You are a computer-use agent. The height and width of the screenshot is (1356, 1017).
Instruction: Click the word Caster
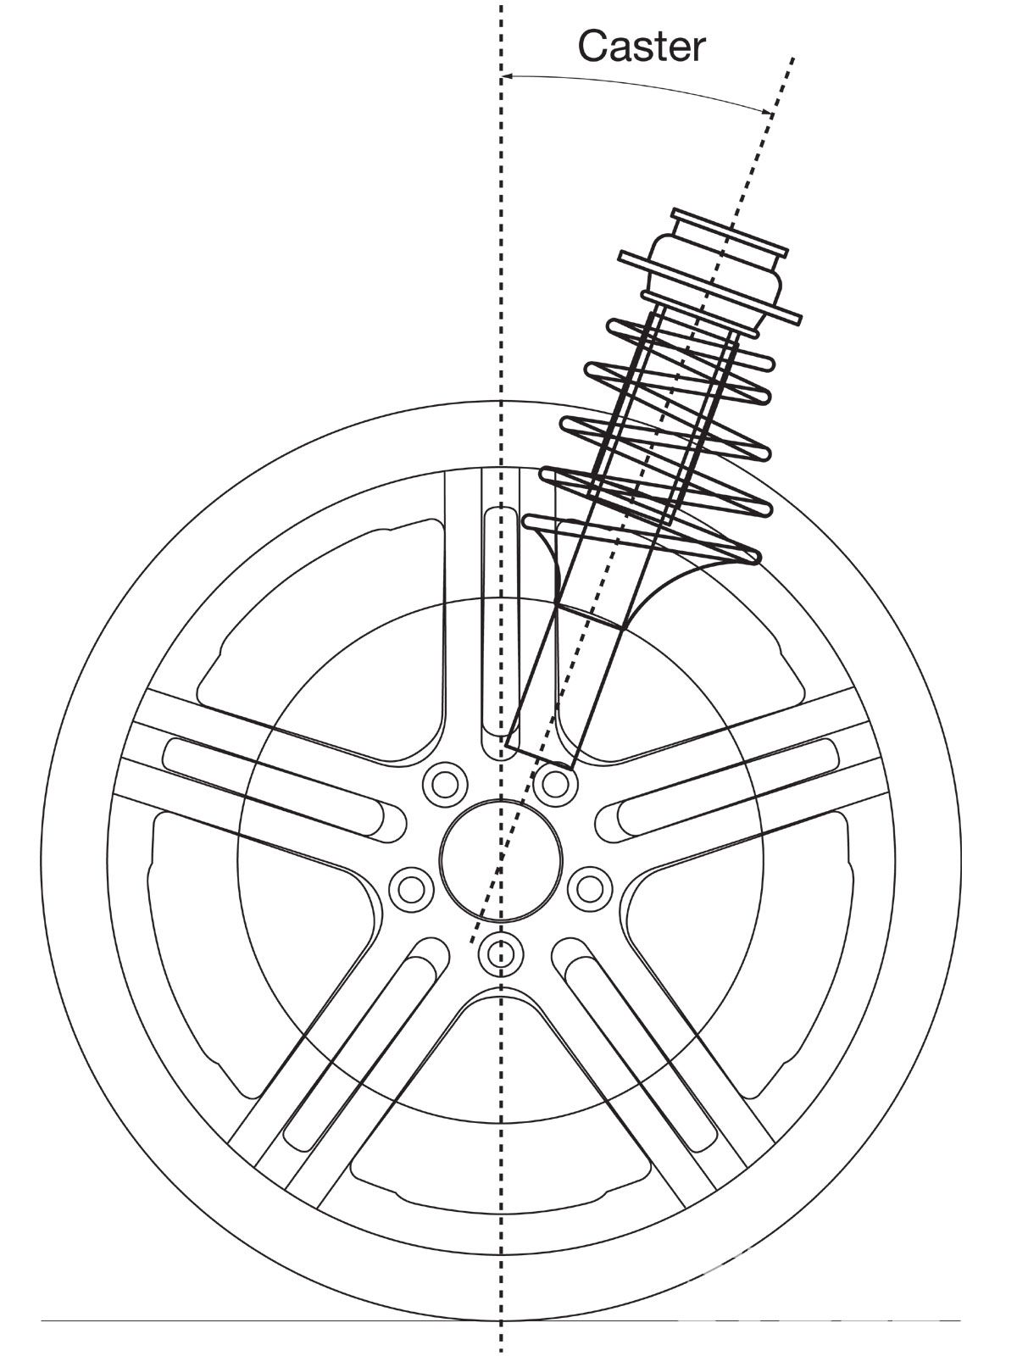click(x=642, y=47)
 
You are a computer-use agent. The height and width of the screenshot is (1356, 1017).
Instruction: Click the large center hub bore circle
click(x=501, y=860)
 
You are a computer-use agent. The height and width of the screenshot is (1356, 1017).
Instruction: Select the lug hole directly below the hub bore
click(x=498, y=953)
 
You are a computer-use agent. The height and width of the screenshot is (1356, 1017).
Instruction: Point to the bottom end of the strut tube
click(x=538, y=754)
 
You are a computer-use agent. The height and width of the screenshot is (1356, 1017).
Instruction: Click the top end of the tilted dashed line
click(x=792, y=58)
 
